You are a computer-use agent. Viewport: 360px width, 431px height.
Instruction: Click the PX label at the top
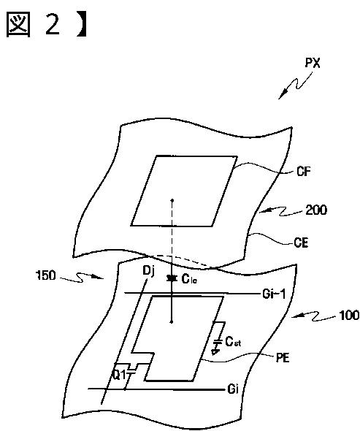pyautogui.click(x=313, y=64)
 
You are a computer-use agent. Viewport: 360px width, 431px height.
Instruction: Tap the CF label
pyautogui.click(x=304, y=172)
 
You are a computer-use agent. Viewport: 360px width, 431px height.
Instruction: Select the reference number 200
pyautogui.click(x=317, y=210)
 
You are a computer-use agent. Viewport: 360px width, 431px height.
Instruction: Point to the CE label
pyautogui.click(x=301, y=243)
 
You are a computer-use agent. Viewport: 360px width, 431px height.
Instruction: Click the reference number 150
pyautogui.click(x=46, y=275)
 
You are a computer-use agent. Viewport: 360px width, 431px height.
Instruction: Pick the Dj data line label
pyautogui.click(x=149, y=271)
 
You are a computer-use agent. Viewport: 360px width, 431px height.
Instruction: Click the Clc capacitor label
pyautogui.click(x=189, y=279)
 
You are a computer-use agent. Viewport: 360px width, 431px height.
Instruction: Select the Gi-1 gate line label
pyautogui.click(x=274, y=294)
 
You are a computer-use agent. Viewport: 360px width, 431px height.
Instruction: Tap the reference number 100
pyautogui.click(x=349, y=316)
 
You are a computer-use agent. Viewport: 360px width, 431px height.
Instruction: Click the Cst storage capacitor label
pyautogui.click(x=233, y=342)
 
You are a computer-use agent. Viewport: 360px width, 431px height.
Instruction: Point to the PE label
pyautogui.click(x=283, y=358)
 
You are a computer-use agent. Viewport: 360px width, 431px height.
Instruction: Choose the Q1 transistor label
pyautogui.click(x=119, y=375)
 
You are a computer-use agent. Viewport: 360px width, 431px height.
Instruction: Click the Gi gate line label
pyautogui.click(x=233, y=389)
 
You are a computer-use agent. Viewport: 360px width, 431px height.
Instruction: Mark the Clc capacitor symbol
pyautogui.click(x=172, y=279)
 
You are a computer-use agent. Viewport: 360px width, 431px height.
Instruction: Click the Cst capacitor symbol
pyautogui.click(x=218, y=342)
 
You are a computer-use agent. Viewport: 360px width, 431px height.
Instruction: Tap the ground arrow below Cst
pyautogui.click(x=216, y=351)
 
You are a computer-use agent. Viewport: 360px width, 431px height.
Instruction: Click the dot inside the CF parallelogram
pyautogui.click(x=172, y=200)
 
